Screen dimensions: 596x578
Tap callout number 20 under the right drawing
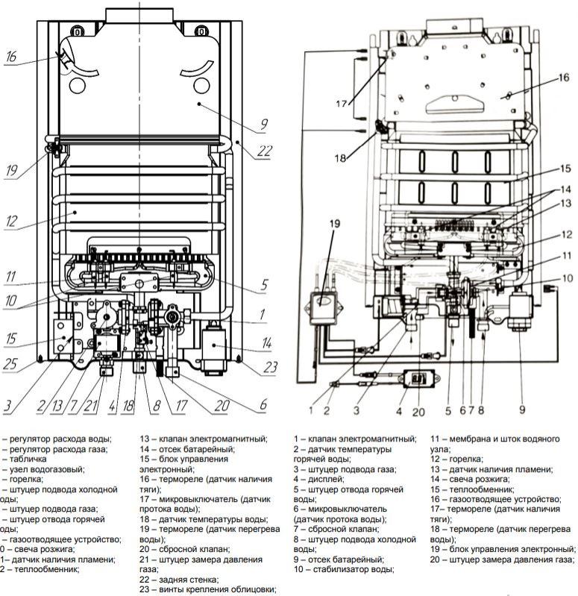(419, 410)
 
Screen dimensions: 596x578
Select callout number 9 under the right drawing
(522, 409)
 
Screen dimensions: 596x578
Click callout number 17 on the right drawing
(341, 104)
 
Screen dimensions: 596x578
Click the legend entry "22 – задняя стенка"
(179, 580)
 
